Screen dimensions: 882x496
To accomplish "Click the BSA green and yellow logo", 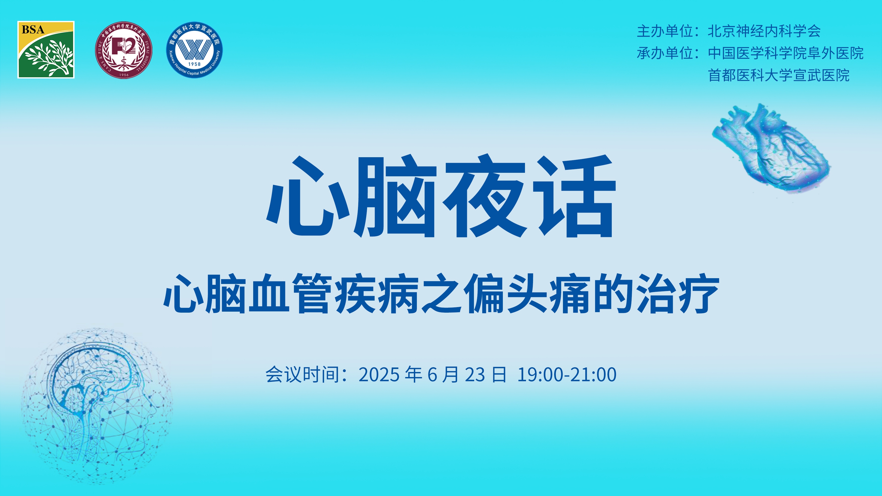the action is [x=46, y=50].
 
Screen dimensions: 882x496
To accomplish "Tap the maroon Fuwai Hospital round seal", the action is [x=124, y=50].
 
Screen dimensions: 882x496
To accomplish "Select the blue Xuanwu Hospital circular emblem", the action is [x=194, y=50].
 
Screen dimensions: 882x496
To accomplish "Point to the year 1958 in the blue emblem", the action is [x=194, y=64].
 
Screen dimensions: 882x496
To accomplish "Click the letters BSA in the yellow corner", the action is [x=33, y=30].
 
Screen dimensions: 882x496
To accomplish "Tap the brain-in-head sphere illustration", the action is [x=97, y=406].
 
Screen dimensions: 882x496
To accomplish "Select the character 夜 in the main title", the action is [x=485, y=196].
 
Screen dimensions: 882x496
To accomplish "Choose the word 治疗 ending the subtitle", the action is [x=678, y=294].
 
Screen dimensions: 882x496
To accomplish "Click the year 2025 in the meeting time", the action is [x=379, y=375].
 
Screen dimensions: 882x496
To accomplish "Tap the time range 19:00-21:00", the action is [x=567, y=375].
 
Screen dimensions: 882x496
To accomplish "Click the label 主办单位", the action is [x=665, y=31].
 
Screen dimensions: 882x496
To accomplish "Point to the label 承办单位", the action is [x=665, y=53].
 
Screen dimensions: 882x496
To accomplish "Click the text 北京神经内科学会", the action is [x=764, y=31].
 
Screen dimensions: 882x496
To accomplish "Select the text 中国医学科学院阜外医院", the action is [x=786, y=53].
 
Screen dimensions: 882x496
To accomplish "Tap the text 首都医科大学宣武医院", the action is [x=779, y=75].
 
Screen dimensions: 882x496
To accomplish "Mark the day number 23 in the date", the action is [x=475, y=375].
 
